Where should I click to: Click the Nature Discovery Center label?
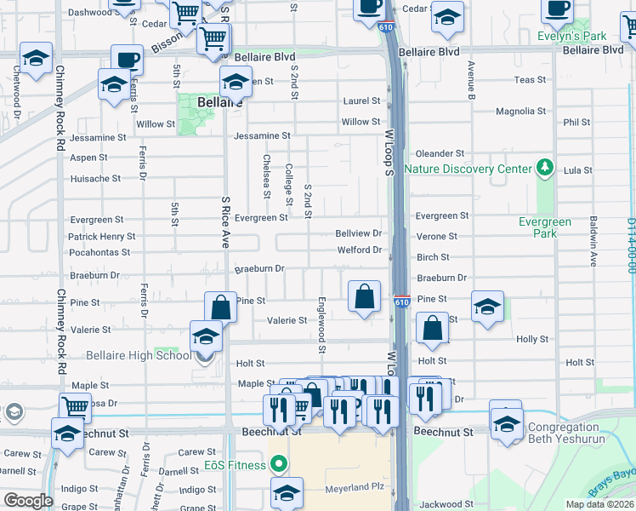click(x=467, y=169)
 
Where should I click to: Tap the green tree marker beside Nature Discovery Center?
click(x=542, y=168)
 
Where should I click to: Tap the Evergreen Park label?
click(x=544, y=227)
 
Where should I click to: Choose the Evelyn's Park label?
click(x=571, y=37)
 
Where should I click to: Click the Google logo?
click(x=27, y=501)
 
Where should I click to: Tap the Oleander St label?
click(x=439, y=154)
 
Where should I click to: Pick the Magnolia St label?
click(x=520, y=112)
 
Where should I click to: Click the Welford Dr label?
click(x=359, y=250)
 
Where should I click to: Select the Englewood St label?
click(x=321, y=324)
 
